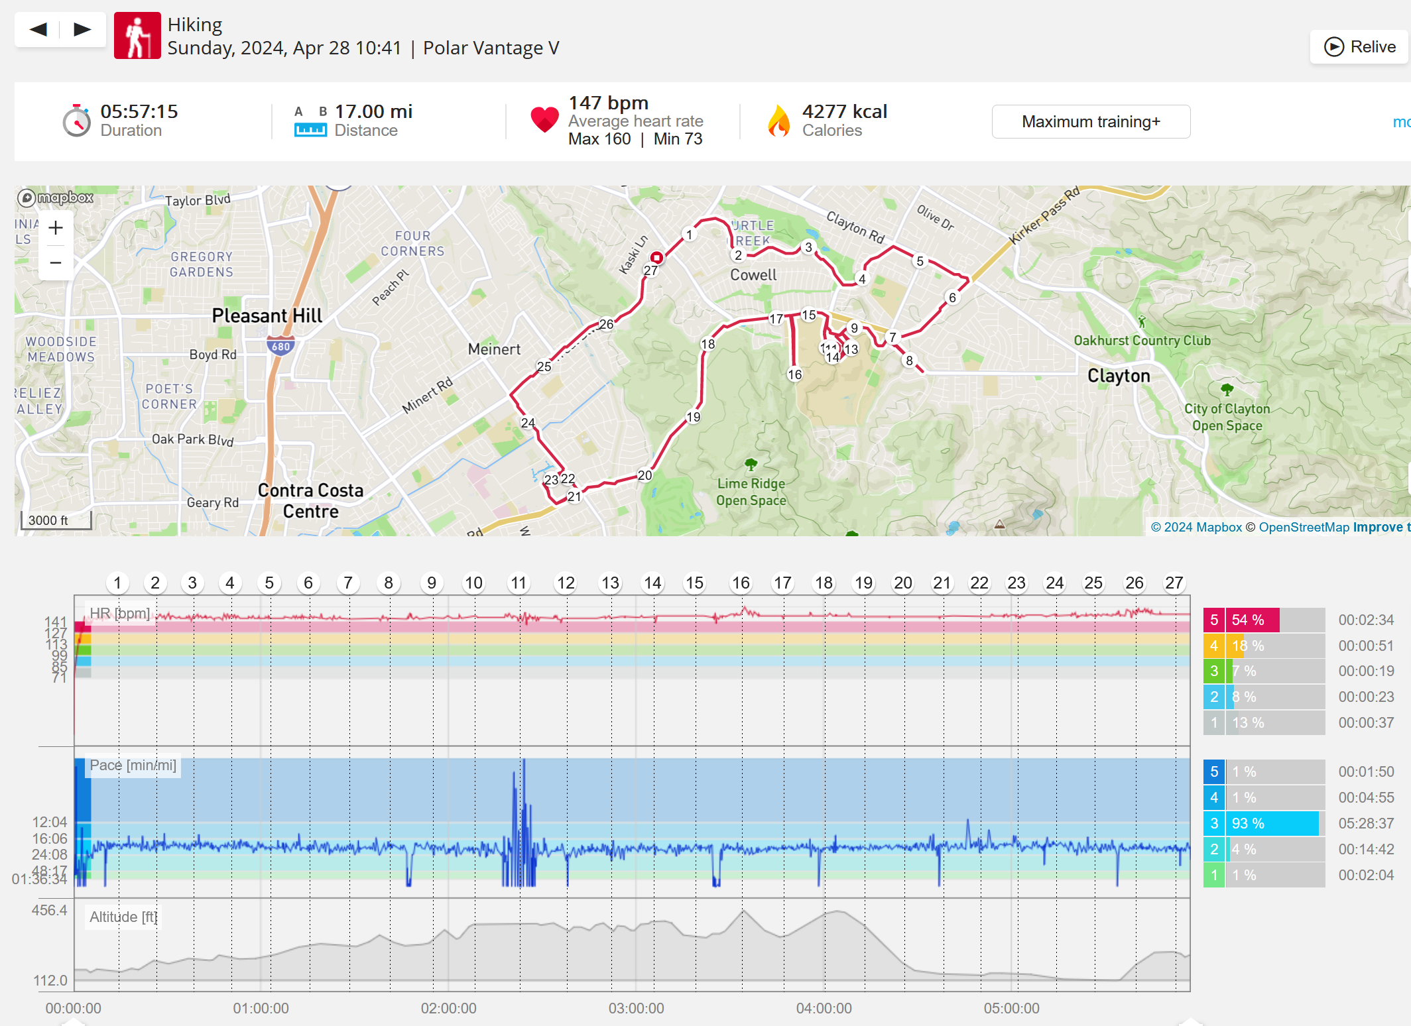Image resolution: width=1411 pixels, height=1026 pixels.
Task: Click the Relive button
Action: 1360,47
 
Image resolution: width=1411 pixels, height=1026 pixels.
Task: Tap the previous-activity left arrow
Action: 38,29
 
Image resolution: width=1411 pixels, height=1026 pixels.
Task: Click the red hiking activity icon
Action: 137,36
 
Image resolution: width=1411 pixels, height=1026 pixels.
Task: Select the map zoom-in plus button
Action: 56,228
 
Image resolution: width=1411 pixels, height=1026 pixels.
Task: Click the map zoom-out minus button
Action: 56,262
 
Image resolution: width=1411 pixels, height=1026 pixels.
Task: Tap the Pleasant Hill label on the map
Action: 267,315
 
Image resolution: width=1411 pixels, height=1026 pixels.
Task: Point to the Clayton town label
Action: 1119,376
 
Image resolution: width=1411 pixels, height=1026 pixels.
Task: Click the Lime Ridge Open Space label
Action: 751,492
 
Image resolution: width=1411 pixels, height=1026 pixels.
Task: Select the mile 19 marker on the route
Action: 693,417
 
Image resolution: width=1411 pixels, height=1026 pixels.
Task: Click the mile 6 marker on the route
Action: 952,298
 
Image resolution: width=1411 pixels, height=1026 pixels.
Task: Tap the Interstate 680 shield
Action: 280,346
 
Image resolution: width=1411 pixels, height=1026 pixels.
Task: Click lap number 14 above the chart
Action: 652,583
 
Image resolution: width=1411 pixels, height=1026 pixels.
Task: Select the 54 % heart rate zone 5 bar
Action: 1252,620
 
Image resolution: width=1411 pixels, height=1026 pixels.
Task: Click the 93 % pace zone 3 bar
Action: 1272,823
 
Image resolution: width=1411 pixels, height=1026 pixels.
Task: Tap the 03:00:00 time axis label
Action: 636,1008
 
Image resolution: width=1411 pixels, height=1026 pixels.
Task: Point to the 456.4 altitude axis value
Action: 50,910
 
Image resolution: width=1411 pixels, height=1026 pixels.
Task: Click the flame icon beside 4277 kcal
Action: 778,121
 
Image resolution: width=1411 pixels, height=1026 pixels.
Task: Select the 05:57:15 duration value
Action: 139,111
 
